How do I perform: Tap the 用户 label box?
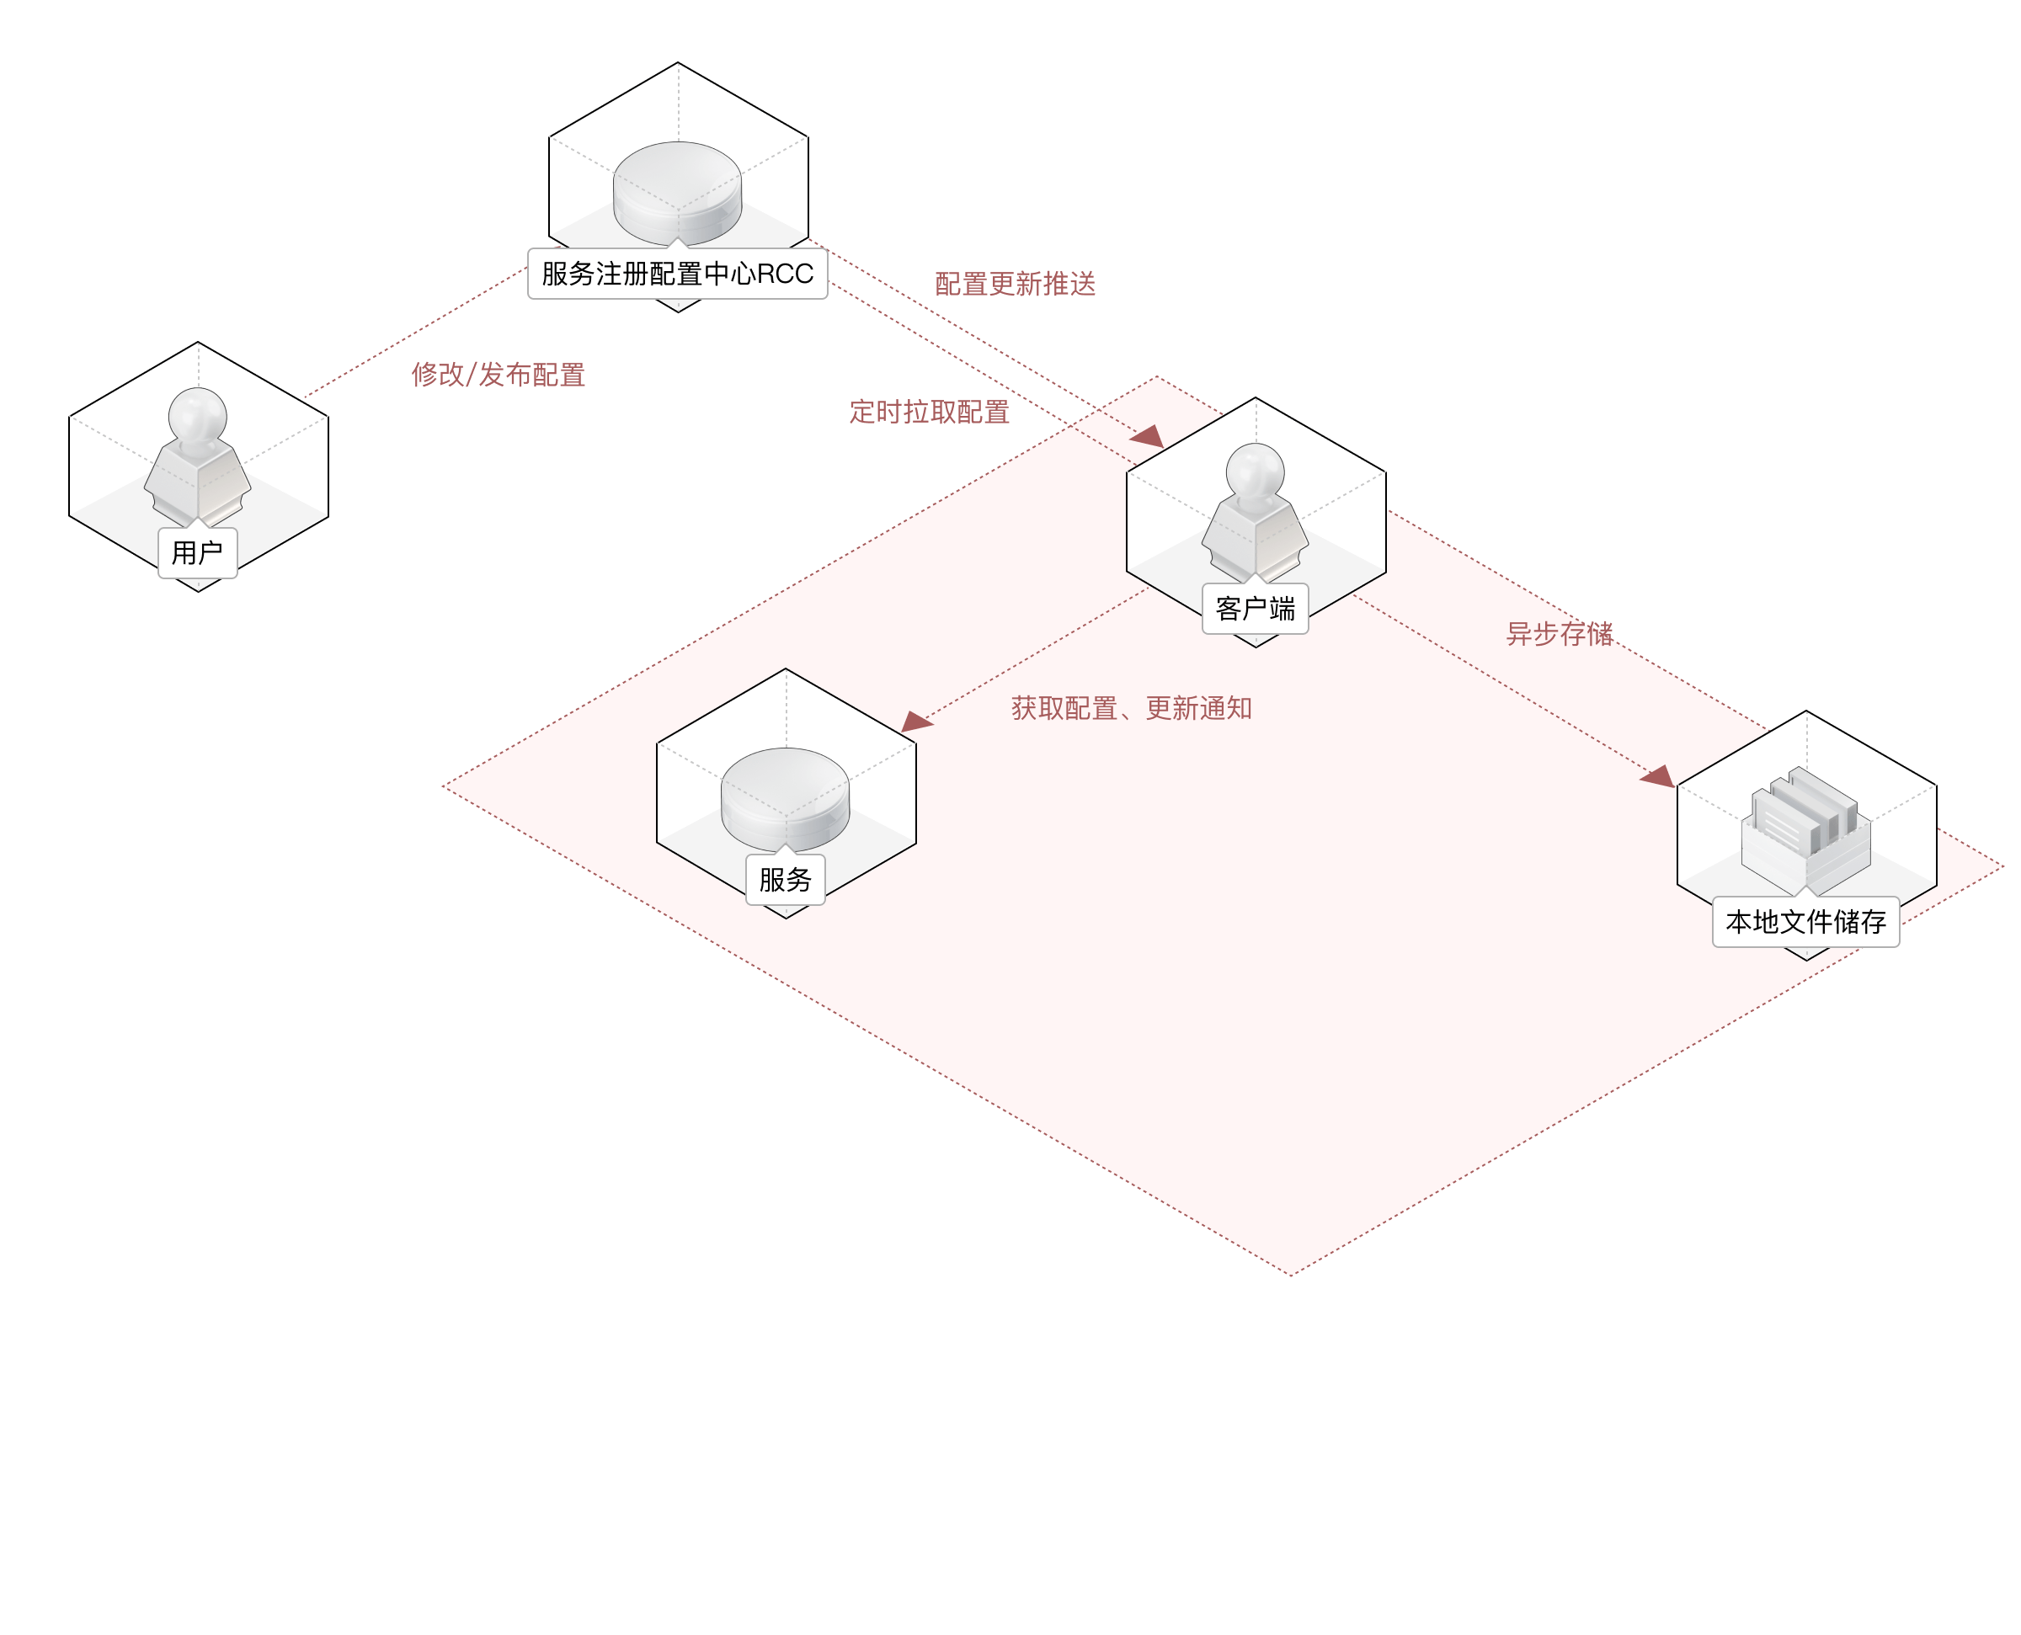198,553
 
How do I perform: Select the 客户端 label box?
1256,610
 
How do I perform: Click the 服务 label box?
786,880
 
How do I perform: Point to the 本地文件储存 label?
1805,922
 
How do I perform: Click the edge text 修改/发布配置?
499,375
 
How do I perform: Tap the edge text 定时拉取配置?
929,412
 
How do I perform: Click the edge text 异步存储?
1559,634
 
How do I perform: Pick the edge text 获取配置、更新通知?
1131,708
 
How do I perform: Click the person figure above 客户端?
1256,513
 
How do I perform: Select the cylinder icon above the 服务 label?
786,799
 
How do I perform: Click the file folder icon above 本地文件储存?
1805,828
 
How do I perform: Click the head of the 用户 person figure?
198,414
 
